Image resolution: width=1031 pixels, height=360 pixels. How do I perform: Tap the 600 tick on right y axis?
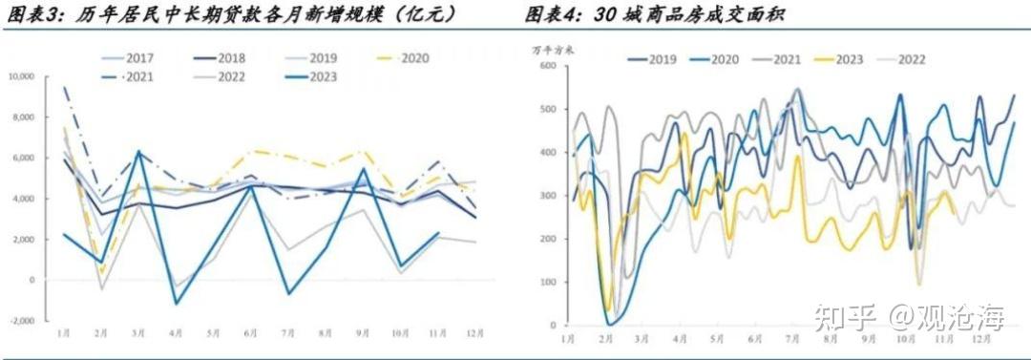coord(547,65)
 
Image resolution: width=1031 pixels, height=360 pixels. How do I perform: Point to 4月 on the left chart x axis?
coord(176,331)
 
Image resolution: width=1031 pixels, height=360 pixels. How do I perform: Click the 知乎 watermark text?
coord(836,315)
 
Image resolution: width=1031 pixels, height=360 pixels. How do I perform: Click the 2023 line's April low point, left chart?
coord(176,304)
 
